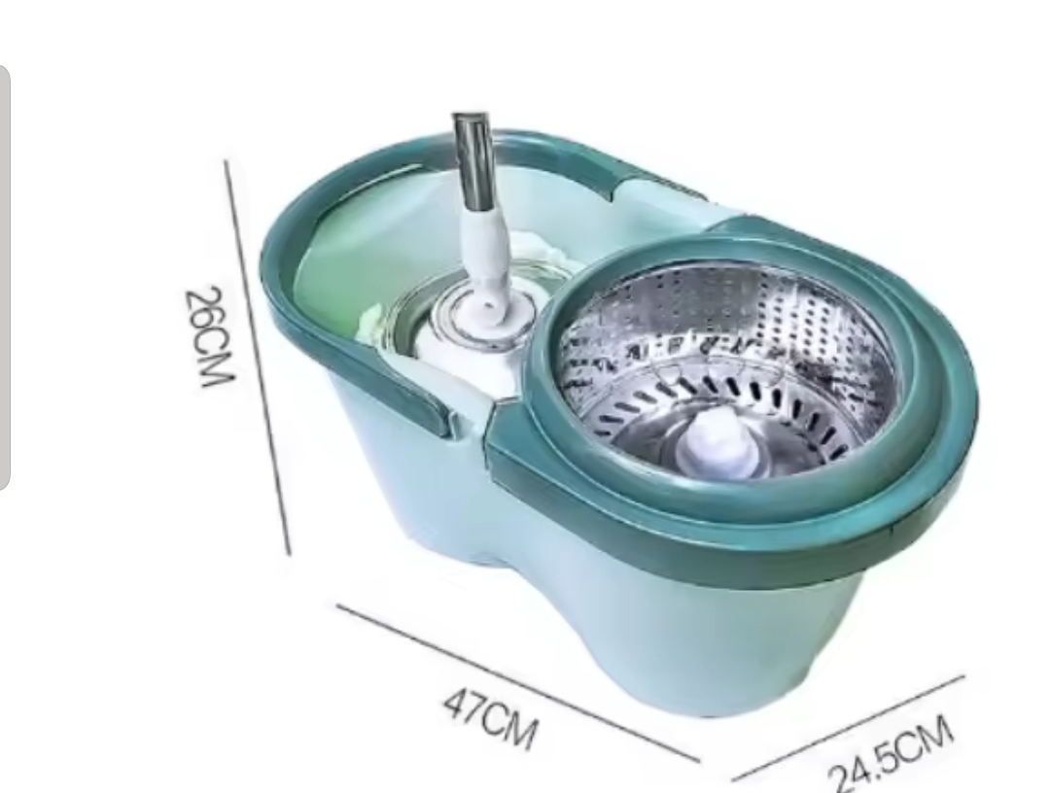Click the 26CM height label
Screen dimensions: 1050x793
point(209,336)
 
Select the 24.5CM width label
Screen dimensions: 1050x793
point(891,754)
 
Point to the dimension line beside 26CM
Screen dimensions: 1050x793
point(258,358)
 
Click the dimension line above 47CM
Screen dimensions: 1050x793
point(517,682)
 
